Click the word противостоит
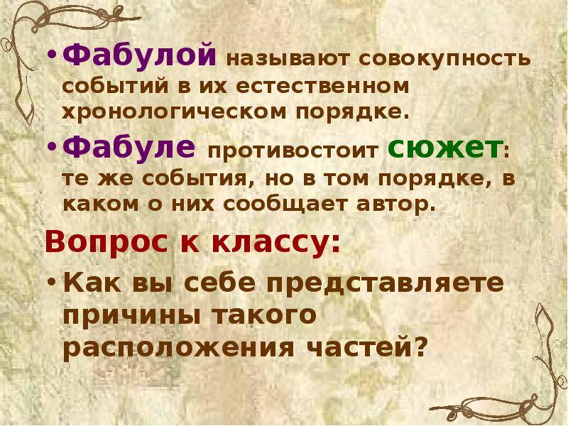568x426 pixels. (x=292, y=151)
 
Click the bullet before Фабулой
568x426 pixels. (x=52, y=58)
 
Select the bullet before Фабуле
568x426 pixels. (x=52, y=149)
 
